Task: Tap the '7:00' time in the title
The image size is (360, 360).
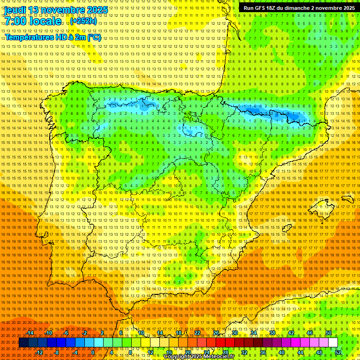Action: pyautogui.click(x=16, y=22)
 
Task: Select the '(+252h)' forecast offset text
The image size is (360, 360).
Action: pyautogui.click(x=83, y=21)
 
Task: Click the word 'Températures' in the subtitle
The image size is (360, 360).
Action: pyautogui.click(x=29, y=37)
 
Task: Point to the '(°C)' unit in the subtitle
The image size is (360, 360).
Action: pyautogui.click(x=94, y=37)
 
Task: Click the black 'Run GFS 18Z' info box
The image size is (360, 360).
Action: pyautogui.click(x=299, y=8)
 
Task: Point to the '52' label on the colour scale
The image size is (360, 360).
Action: pyautogui.click(x=338, y=352)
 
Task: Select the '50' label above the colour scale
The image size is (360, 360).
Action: pyautogui.click(x=329, y=333)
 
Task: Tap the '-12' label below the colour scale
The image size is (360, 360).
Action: pyautogui.click(x=39, y=352)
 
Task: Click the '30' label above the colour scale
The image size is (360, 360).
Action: pyautogui.click(x=235, y=333)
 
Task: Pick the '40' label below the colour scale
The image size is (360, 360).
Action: pyautogui.click(x=282, y=352)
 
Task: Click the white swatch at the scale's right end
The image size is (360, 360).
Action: pyautogui.click(x=333, y=343)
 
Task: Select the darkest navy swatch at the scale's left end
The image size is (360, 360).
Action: pyautogui.click(x=23, y=343)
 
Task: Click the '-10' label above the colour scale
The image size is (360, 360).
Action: pyautogui.click(x=48, y=333)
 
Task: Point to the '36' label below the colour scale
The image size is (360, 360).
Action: pyautogui.click(x=263, y=352)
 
